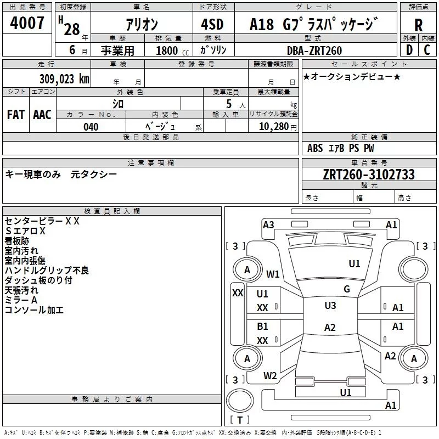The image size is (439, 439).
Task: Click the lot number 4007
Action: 27,23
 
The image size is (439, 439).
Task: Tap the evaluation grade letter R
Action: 418,25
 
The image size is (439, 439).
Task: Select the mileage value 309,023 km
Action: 64,79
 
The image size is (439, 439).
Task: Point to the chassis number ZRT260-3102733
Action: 369,174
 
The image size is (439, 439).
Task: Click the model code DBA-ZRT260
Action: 314,50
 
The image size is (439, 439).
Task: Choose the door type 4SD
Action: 212,24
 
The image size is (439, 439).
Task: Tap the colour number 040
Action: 91,127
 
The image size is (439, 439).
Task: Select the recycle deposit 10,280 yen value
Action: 278,127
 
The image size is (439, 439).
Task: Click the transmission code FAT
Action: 16,115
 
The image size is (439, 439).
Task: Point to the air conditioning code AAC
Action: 42,115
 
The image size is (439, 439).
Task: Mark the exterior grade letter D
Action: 409,50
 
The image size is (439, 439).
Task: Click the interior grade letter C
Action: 427,50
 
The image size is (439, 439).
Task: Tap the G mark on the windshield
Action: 347,289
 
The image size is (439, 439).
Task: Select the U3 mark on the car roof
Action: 330,305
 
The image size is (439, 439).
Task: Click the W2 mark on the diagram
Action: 270,375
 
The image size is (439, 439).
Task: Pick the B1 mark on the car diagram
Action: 262,326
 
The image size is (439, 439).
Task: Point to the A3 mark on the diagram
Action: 268,224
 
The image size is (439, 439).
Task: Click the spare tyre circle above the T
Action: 240,401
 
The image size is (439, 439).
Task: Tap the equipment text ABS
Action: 315,148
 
